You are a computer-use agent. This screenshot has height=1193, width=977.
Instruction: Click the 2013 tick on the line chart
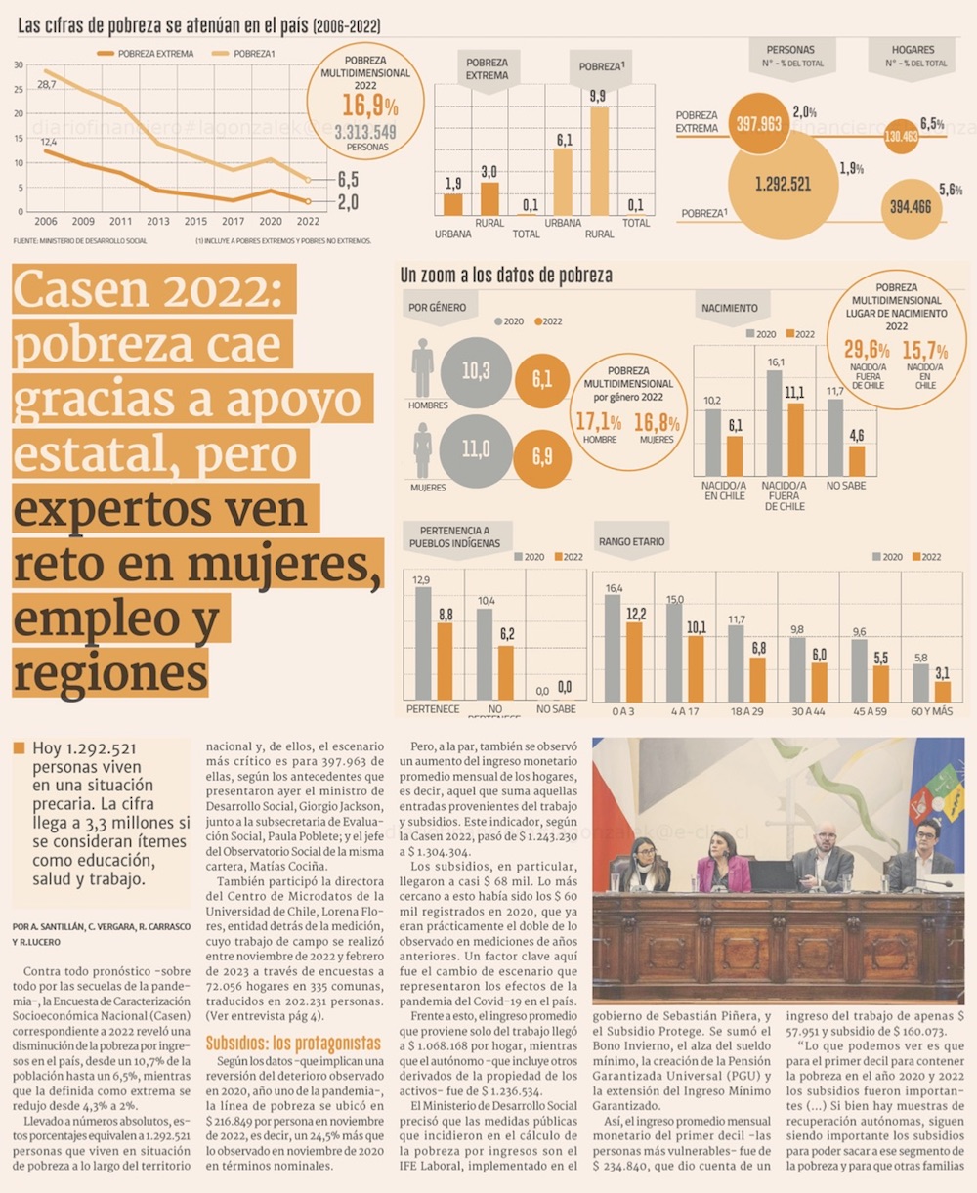[158, 222]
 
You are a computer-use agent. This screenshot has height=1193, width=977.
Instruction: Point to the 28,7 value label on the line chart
[46, 85]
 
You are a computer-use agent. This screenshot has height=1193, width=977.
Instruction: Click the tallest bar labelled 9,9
[599, 161]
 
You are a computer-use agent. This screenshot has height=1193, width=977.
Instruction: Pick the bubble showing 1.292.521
[784, 184]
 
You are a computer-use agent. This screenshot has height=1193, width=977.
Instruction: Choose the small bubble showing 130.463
[901, 137]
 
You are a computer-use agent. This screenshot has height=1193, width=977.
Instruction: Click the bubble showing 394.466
[911, 206]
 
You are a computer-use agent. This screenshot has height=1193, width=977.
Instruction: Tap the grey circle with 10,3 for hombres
[476, 371]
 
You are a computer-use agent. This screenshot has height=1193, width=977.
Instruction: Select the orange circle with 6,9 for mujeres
[542, 457]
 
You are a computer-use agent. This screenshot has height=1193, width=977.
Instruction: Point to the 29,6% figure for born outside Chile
[867, 350]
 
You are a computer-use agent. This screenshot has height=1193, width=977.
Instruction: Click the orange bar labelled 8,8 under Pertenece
[446, 660]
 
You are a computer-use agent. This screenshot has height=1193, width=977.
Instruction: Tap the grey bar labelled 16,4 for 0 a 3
[614, 648]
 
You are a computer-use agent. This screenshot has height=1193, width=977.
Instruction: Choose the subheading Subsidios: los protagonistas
[293, 1044]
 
